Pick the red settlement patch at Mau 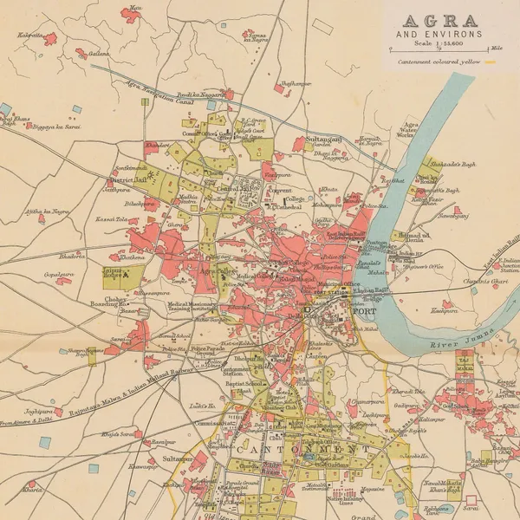point(132,14)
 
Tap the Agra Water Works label point(406,129)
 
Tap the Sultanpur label point(177,458)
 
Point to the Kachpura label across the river point(444,309)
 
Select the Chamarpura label point(367,401)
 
